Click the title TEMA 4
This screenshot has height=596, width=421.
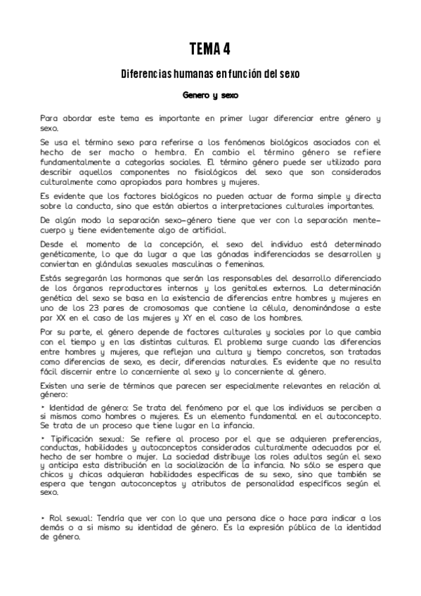click(210, 48)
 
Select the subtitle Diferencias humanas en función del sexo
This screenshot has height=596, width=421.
click(210, 72)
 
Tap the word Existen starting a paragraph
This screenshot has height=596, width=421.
click(55, 386)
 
